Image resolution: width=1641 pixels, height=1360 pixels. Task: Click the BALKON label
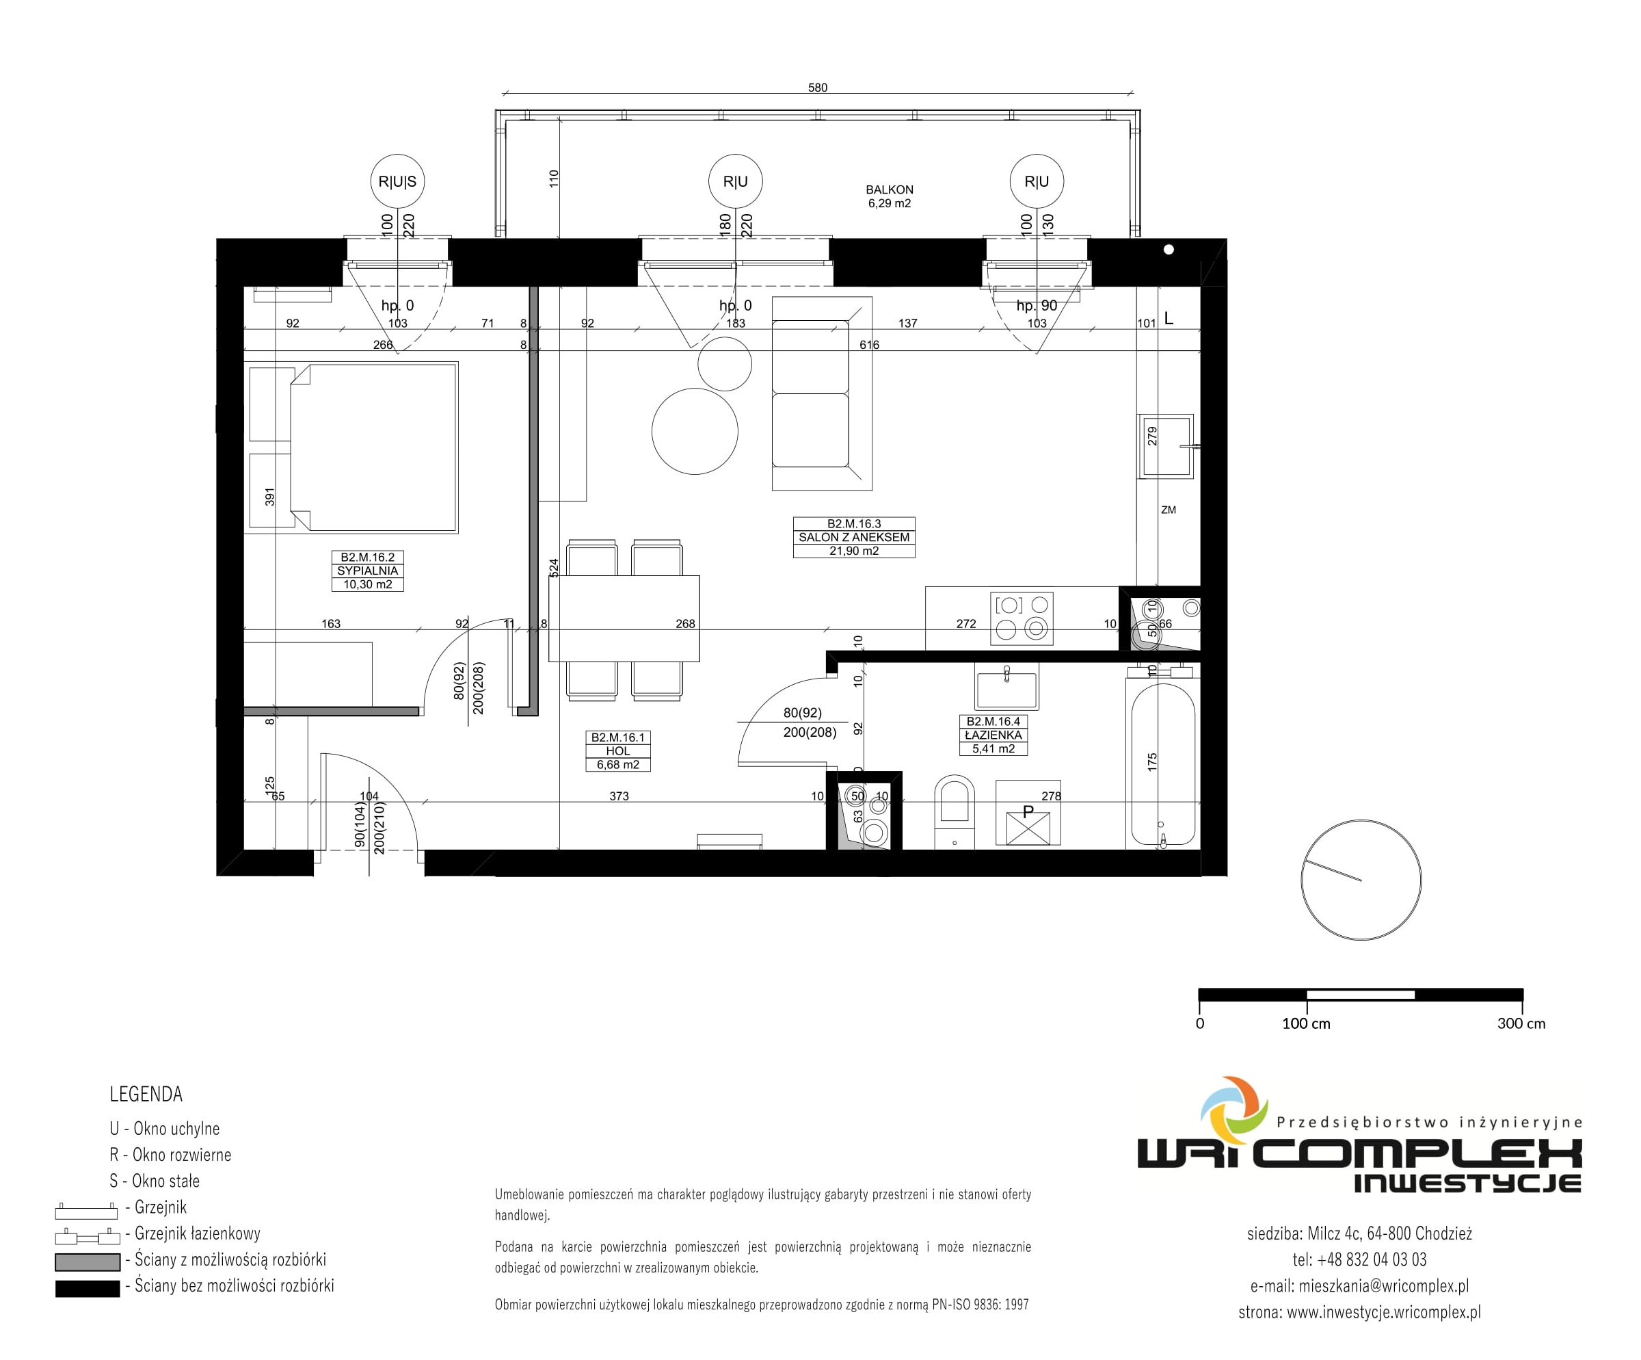click(890, 189)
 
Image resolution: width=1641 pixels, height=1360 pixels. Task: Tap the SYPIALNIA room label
click(367, 571)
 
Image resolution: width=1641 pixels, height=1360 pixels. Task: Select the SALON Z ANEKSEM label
click(854, 537)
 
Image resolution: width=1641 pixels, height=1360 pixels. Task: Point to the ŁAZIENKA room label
click(993, 735)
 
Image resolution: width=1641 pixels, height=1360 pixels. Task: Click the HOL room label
click(618, 751)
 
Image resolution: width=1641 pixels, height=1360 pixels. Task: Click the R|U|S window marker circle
click(398, 181)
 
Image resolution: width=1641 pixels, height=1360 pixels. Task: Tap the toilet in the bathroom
click(954, 811)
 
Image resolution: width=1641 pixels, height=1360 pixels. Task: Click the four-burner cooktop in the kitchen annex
click(1022, 618)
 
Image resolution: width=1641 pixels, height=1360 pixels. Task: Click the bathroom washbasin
click(1006, 686)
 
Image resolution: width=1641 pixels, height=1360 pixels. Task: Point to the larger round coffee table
click(695, 432)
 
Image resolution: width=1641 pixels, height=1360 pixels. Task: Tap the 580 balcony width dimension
click(817, 88)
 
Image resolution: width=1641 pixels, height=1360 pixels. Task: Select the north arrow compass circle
click(1361, 880)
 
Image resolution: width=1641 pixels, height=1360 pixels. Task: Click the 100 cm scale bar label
click(1306, 1024)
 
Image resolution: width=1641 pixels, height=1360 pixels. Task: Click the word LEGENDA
click(146, 1095)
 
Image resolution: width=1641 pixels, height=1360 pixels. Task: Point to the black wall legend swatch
click(88, 1288)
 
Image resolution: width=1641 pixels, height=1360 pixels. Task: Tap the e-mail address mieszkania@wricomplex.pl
click(1384, 1285)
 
